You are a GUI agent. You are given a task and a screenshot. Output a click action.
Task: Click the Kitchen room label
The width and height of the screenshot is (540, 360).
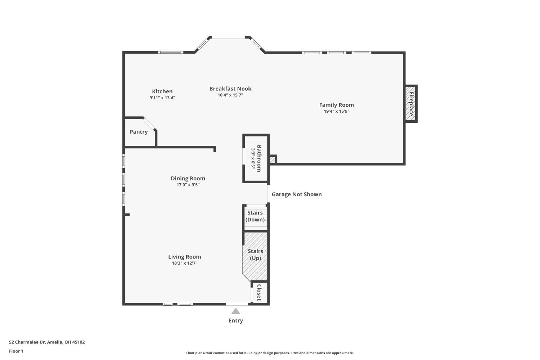162,91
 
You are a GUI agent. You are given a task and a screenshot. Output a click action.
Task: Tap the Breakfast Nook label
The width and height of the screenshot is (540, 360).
230,89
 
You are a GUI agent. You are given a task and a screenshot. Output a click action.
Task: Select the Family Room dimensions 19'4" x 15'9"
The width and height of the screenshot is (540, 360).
336,111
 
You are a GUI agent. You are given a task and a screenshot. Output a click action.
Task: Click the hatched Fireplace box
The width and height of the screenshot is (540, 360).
410,104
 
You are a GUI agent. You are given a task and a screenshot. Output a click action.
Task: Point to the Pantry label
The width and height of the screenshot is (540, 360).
139,132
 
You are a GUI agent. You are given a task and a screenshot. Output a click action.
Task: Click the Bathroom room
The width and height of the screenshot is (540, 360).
256,158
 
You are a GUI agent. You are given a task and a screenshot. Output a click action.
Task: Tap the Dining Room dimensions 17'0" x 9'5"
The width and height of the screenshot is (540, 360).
188,185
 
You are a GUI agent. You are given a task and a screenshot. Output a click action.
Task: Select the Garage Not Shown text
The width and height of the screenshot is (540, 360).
297,194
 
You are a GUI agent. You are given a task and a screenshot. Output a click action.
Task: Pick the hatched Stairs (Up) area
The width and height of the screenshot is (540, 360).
255,255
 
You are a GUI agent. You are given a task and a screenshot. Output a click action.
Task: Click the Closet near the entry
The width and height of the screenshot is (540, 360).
259,292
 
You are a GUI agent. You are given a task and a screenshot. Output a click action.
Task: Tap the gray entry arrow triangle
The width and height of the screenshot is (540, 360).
235,311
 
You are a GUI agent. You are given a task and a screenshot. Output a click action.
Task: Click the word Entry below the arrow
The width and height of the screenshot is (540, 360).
235,320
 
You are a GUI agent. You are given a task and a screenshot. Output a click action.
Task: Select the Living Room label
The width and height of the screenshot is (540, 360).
185,257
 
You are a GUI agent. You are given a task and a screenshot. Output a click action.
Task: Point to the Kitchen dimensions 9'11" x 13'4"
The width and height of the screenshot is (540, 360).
162,98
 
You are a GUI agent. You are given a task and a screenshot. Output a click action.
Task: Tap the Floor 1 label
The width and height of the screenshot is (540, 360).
16,351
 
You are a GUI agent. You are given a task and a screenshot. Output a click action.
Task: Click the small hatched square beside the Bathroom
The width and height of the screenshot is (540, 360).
273,159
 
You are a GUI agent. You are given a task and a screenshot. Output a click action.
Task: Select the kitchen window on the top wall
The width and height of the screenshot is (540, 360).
171,53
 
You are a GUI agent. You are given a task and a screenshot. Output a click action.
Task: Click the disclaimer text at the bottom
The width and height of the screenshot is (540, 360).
270,353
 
